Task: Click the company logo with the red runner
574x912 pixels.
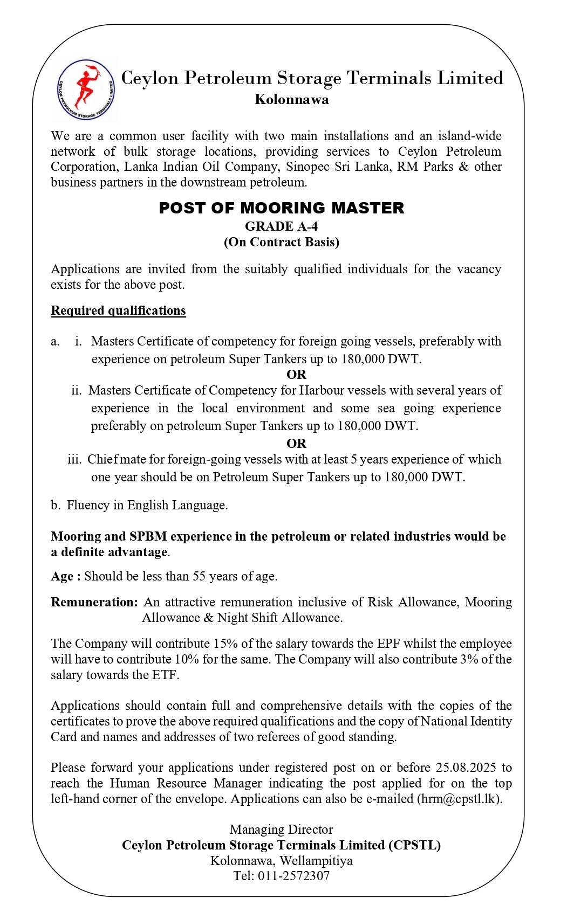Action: (x=86, y=89)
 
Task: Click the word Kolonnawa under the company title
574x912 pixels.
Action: (x=291, y=100)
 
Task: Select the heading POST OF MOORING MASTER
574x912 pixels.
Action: (x=281, y=208)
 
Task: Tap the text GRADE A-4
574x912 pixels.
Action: (x=281, y=226)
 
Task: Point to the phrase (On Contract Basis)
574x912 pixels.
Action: (x=281, y=242)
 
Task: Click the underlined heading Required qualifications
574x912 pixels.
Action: (x=118, y=311)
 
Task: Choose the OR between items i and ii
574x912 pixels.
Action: (x=296, y=375)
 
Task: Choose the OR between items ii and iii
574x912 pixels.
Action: (x=296, y=444)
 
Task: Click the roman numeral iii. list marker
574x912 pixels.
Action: (x=74, y=460)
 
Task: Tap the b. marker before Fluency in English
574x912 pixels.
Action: (x=56, y=506)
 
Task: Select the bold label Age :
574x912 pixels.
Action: (x=66, y=577)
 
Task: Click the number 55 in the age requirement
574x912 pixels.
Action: (x=200, y=577)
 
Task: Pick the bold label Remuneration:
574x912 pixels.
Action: (x=94, y=603)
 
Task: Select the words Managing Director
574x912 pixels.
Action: (x=281, y=830)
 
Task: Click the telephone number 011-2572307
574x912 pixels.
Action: (x=293, y=876)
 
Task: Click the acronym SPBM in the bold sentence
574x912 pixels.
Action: (x=148, y=537)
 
